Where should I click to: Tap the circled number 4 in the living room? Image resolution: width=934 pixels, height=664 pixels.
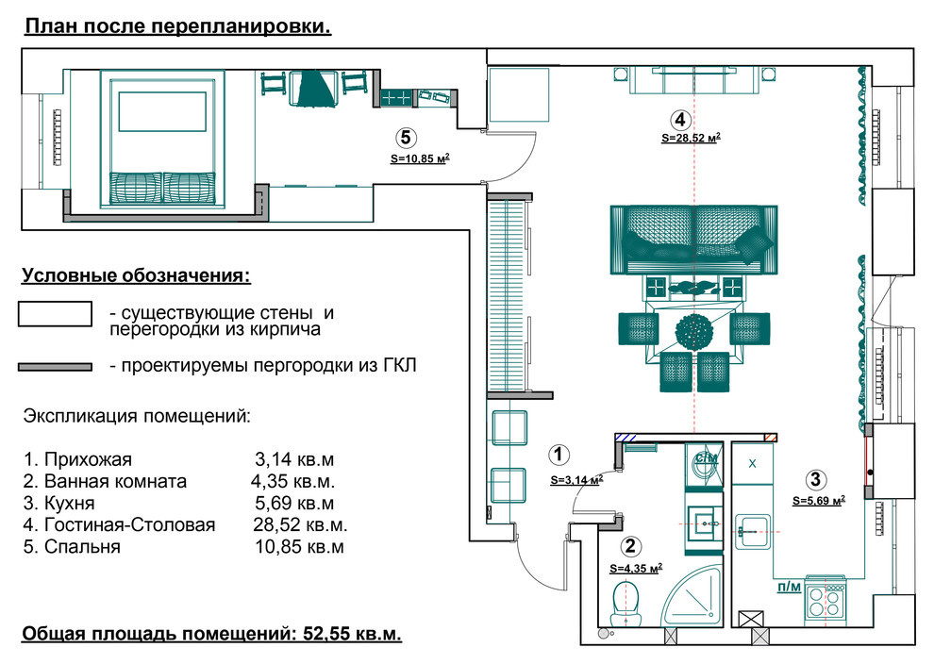coord(678,119)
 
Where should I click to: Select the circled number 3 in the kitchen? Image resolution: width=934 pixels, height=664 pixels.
coord(817,479)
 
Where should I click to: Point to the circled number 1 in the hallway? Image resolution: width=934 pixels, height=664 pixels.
coord(559,455)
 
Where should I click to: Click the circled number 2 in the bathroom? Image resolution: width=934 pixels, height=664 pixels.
coord(630,545)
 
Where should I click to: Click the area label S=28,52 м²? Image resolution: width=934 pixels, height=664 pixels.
coord(692,138)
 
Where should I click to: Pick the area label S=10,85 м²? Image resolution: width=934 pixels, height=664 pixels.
coord(419,158)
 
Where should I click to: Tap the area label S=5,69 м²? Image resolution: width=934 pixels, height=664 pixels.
coord(818,501)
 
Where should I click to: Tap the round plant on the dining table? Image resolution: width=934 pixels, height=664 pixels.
coord(694,331)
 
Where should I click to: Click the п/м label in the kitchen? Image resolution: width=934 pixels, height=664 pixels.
coord(789,587)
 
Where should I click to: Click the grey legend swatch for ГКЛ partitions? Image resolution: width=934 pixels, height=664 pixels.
coord(55,366)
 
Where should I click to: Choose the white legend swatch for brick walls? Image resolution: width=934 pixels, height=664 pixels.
coord(55,314)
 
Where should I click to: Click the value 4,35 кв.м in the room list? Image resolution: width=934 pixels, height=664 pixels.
coord(288,481)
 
